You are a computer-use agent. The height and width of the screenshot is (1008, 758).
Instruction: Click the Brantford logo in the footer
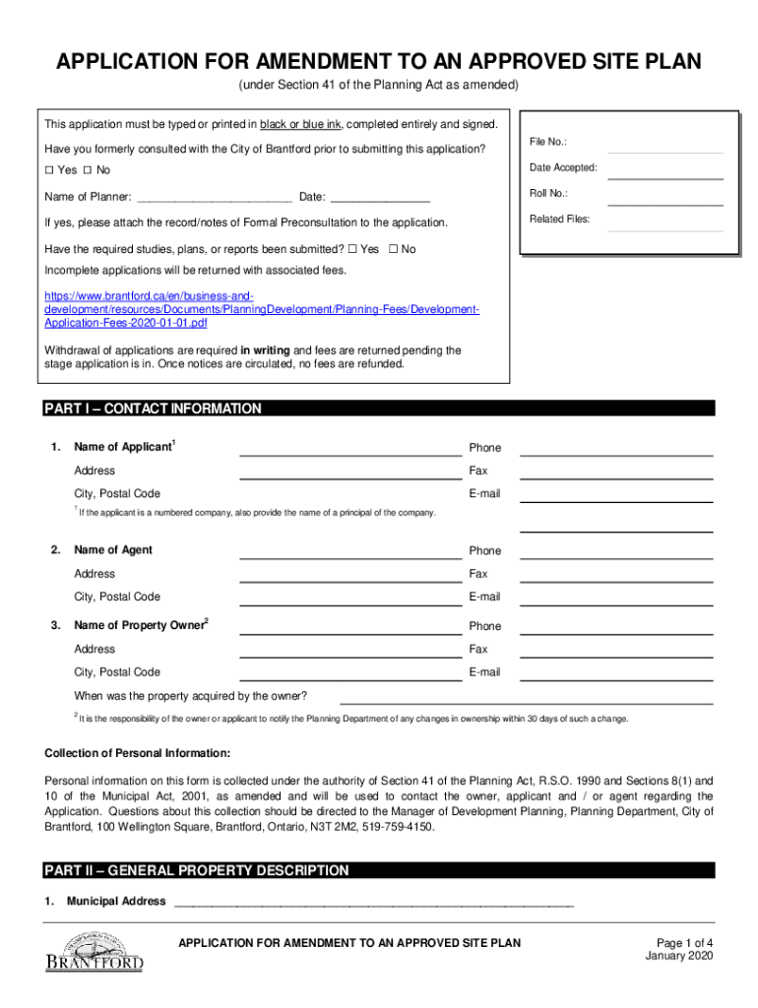(x=95, y=952)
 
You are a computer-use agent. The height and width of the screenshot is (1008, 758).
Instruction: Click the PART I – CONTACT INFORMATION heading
(x=154, y=409)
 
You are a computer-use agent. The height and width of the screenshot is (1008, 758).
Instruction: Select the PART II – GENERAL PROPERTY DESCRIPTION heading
(x=197, y=870)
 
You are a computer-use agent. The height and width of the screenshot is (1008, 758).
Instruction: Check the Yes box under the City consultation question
(x=49, y=170)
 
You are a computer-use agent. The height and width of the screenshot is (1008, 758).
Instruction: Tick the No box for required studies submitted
(x=394, y=250)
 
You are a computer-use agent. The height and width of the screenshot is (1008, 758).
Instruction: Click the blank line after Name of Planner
(x=215, y=198)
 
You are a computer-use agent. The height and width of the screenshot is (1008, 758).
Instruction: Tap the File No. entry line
(x=664, y=148)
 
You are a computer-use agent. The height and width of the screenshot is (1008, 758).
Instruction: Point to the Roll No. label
(x=548, y=194)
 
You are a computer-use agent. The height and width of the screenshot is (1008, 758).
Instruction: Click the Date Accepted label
(x=563, y=167)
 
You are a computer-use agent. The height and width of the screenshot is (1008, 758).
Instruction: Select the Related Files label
(x=559, y=220)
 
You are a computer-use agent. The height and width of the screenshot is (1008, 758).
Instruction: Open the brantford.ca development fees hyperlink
(x=262, y=309)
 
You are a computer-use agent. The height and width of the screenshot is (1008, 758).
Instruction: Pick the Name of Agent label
(x=113, y=550)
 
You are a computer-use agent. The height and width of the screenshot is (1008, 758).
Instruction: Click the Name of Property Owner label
(x=141, y=626)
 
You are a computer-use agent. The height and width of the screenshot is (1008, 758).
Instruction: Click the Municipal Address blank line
(x=373, y=903)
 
